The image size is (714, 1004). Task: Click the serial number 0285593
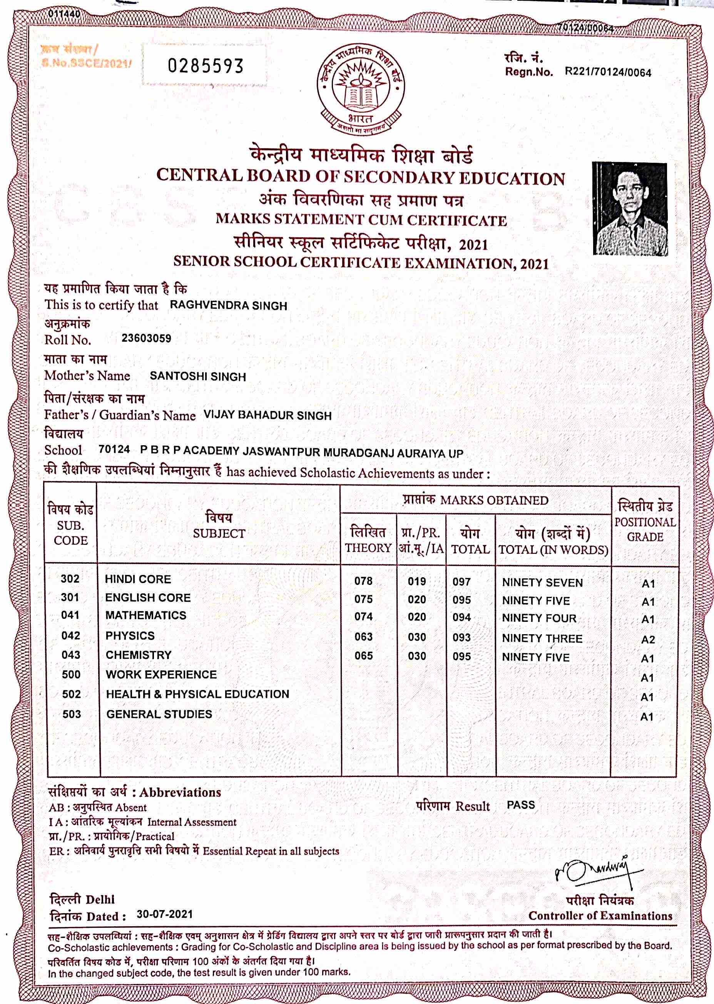[x=205, y=66]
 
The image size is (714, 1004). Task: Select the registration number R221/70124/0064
[x=608, y=72]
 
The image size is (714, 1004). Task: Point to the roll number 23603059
[x=146, y=339]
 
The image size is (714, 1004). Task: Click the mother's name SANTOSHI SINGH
[x=198, y=377]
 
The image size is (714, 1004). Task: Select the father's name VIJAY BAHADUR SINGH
[x=267, y=415]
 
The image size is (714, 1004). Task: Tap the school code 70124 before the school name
[x=114, y=449]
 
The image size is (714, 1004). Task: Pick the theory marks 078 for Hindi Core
[x=364, y=581]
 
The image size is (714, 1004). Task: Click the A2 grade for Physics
[x=648, y=640]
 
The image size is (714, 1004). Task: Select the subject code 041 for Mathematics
[x=70, y=615]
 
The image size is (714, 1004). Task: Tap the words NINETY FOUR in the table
[x=539, y=618]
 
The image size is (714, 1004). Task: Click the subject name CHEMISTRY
[x=139, y=655]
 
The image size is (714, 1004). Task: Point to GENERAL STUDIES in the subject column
[x=159, y=714]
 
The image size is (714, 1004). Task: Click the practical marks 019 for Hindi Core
[x=417, y=581]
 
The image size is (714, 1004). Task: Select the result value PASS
[x=521, y=805]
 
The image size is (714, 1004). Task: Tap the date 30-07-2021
[x=165, y=914]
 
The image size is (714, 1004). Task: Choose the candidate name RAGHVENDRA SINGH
[x=229, y=306]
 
